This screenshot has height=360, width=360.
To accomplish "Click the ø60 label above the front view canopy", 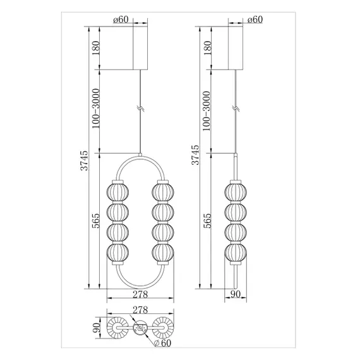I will (121, 20).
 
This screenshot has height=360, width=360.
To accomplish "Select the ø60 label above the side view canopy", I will (254, 20).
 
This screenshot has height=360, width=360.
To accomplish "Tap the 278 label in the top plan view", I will (139, 311).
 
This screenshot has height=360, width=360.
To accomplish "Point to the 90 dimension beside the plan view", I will (96, 328).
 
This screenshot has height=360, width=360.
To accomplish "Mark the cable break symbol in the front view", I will (139, 109).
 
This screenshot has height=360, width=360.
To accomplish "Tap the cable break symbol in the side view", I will (236, 109).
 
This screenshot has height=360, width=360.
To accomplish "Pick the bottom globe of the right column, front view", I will (160, 253).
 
